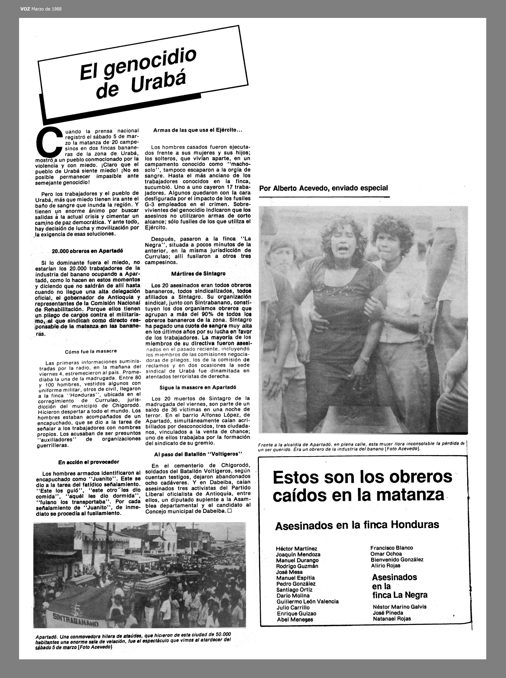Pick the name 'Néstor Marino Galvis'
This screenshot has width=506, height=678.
tap(399, 607)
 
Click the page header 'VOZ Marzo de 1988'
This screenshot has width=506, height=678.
tap(41, 9)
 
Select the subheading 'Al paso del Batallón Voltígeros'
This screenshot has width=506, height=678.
tap(198, 454)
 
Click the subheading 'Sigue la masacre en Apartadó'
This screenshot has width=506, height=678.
tap(198, 387)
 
